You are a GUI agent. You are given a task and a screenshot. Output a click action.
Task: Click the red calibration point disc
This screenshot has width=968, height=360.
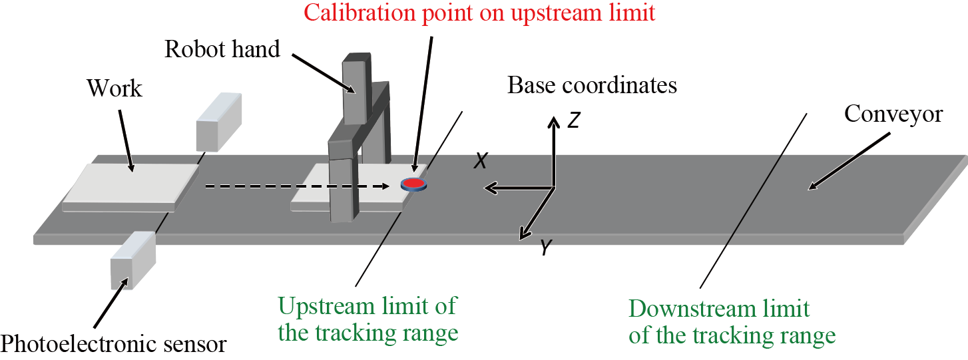(x=413, y=184)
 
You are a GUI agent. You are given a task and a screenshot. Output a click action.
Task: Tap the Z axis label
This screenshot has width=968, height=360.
(x=575, y=120)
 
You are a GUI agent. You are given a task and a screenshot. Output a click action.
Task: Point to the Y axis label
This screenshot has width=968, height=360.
(x=545, y=248)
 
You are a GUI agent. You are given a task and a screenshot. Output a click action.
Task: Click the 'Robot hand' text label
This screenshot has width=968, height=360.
(x=222, y=49)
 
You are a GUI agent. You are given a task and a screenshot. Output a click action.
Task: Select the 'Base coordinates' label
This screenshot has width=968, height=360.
(x=592, y=85)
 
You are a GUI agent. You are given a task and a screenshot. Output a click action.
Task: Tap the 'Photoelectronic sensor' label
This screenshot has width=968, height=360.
(x=113, y=344)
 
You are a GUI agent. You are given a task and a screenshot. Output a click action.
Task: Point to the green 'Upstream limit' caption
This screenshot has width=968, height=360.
(x=367, y=319)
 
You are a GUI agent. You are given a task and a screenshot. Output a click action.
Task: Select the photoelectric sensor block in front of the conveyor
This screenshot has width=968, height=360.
(x=133, y=260)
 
